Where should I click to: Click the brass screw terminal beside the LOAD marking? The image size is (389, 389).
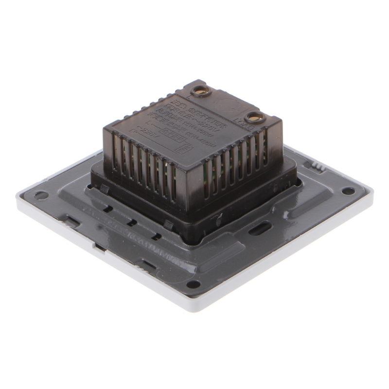coord(253,117)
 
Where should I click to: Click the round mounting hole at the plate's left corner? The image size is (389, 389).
coord(41,195)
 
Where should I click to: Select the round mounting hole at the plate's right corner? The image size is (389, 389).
coord(348,191)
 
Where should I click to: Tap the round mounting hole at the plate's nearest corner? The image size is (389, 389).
coord(194,284)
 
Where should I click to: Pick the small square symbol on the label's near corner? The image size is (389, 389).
coord(184,146)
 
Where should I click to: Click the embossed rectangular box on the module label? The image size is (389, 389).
coord(170,132)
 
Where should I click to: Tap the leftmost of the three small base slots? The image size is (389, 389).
coord(108,210)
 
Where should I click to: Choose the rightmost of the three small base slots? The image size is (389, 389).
coord(156,237)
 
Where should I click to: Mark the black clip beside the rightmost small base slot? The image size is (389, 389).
coord(168,225)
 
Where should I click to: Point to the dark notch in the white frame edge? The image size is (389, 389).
coord(99,247)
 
